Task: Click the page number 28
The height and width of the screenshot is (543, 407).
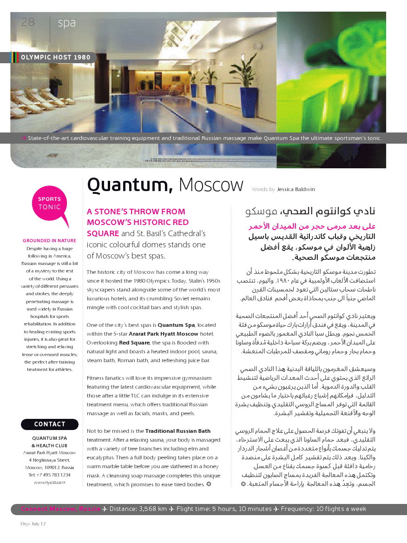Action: (28, 22)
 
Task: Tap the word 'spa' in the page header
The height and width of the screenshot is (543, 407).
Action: (66, 23)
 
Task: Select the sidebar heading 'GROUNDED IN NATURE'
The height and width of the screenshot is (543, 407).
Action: (49, 241)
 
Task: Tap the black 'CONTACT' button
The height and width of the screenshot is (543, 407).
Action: (50, 424)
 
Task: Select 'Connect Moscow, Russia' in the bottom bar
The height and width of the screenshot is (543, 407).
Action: (60, 509)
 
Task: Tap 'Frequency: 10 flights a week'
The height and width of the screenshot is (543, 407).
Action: (323, 509)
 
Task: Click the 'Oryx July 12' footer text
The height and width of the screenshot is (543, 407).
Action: (33, 524)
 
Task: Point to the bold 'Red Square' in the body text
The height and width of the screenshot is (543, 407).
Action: (131, 343)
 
